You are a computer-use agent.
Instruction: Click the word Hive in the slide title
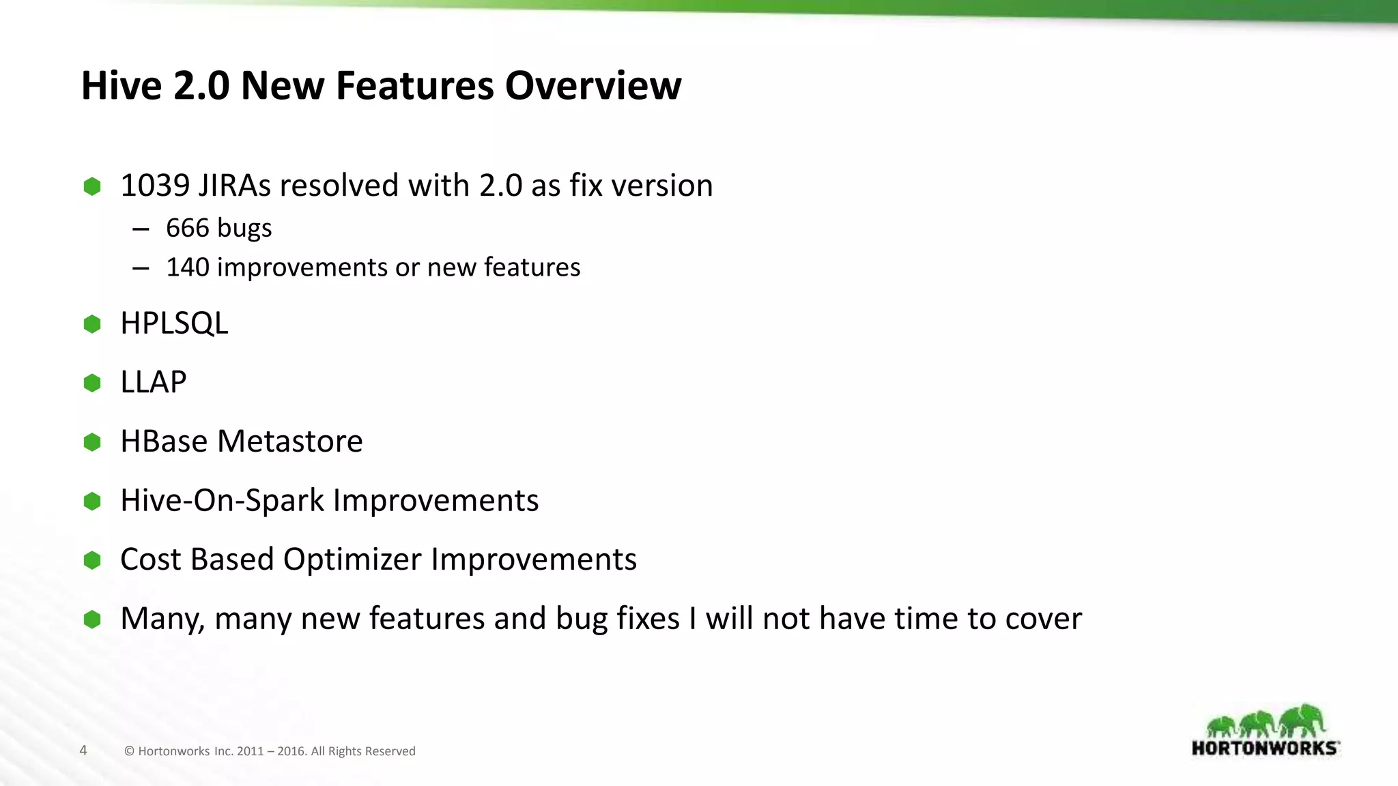[x=122, y=86]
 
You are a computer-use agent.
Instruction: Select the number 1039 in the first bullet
[x=155, y=186]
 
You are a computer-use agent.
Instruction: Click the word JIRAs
[x=234, y=186]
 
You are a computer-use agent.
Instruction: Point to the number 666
[x=187, y=228]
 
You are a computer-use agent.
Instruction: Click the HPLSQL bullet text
[x=174, y=323]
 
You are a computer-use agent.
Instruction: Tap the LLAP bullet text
[x=153, y=382]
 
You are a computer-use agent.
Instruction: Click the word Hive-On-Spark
[x=222, y=501]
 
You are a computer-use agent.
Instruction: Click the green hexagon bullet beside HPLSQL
[x=92, y=324]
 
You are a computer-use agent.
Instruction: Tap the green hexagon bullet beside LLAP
[x=92, y=383]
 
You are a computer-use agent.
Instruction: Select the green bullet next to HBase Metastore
[x=92, y=442]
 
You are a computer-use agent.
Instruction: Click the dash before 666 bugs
[x=141, y=229]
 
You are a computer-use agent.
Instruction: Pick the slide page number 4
[x=83, y=751]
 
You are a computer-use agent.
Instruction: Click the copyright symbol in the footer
[x=129, y=751]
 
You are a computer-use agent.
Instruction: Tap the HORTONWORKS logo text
[x=1265, y=748]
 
